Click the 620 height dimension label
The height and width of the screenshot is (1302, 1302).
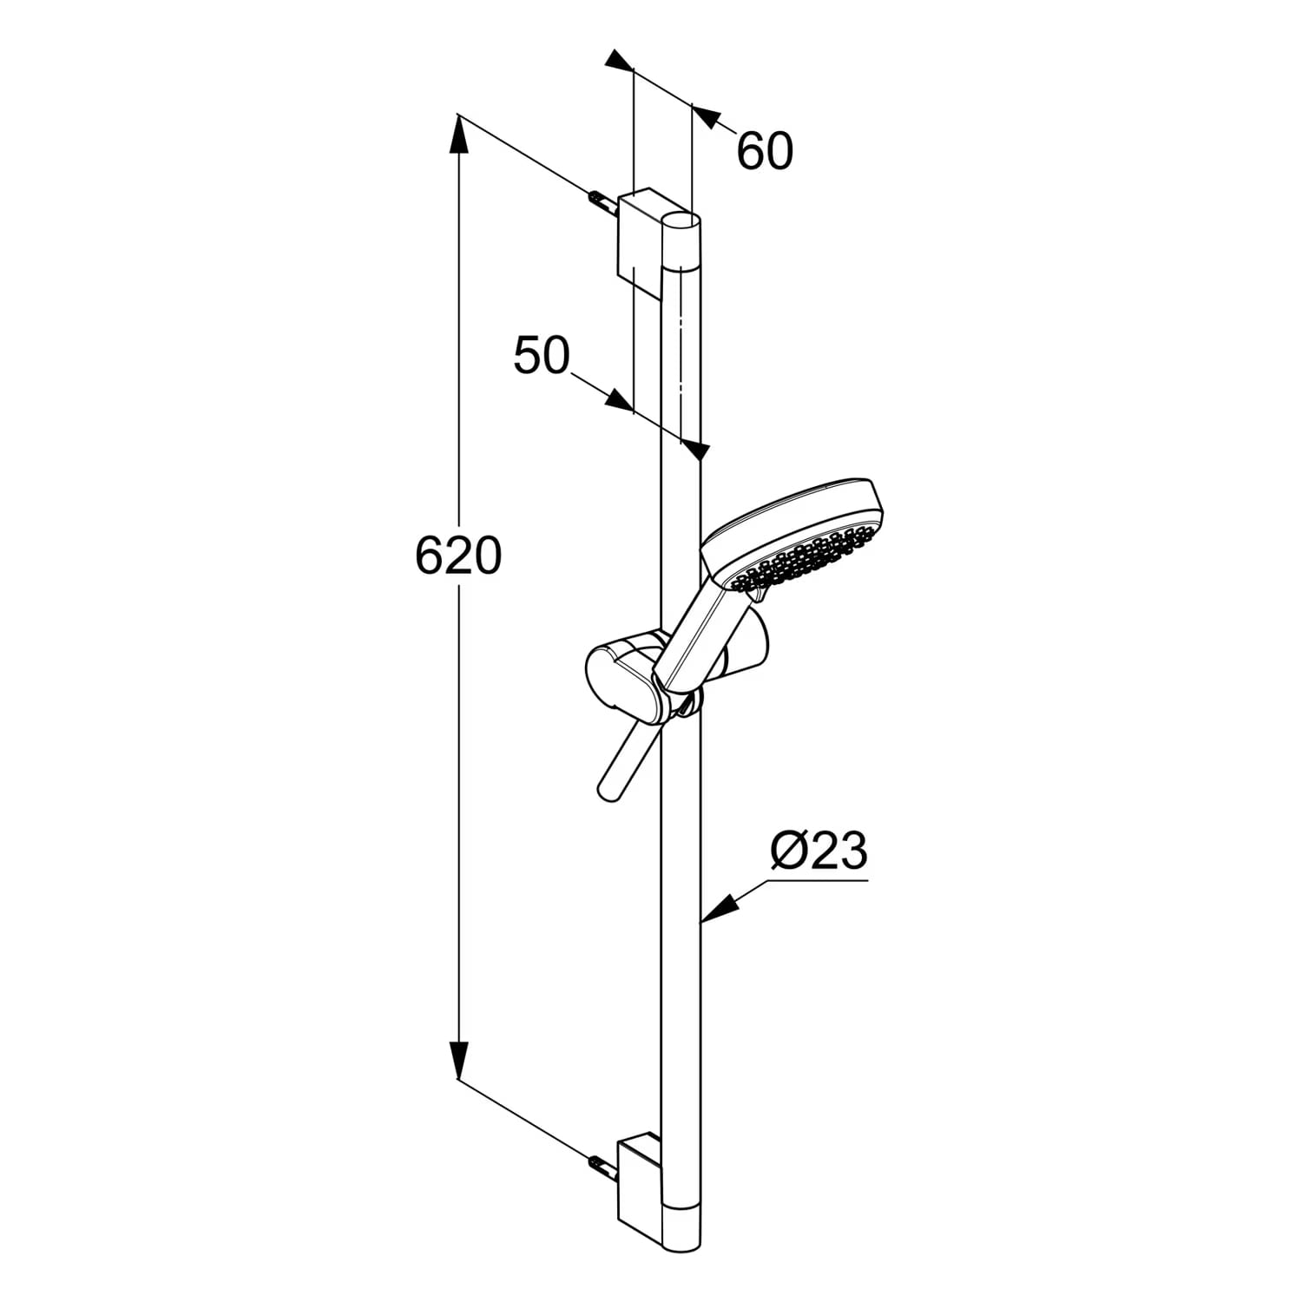[x=458, y=556]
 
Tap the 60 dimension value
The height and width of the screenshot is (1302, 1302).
[x=765, y=151]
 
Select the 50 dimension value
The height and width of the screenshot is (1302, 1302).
[x=542, y=355]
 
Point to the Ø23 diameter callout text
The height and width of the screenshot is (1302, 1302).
[x=819, y=852]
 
